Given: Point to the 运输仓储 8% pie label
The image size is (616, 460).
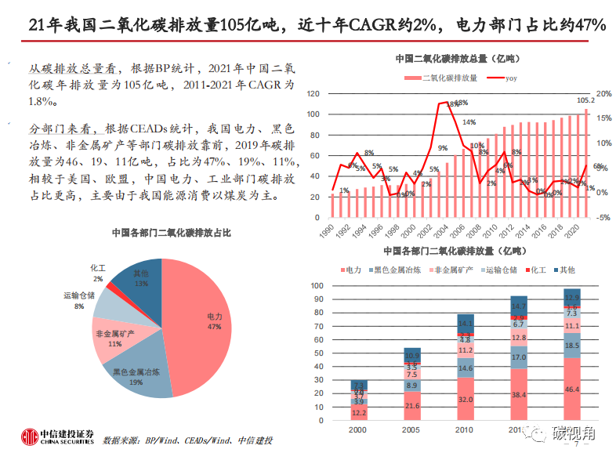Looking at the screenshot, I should (x=78, y=300).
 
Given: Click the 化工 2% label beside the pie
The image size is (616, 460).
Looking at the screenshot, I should (x=97, y=273).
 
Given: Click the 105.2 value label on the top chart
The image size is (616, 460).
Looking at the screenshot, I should (x=585, y=100).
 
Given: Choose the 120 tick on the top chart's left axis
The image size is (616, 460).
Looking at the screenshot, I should (x=313, y=93).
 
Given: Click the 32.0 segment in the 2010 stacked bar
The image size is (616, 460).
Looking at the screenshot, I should (x=466, y=400).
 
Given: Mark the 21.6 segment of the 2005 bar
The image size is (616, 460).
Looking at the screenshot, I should (x=411, y=407).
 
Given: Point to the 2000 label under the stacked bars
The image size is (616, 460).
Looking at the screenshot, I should (x=357, y=431).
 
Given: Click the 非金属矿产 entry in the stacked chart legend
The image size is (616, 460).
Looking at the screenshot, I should (x=451, y=270).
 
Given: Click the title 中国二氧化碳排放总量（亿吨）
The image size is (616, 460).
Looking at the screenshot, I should (x=456, y=59).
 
